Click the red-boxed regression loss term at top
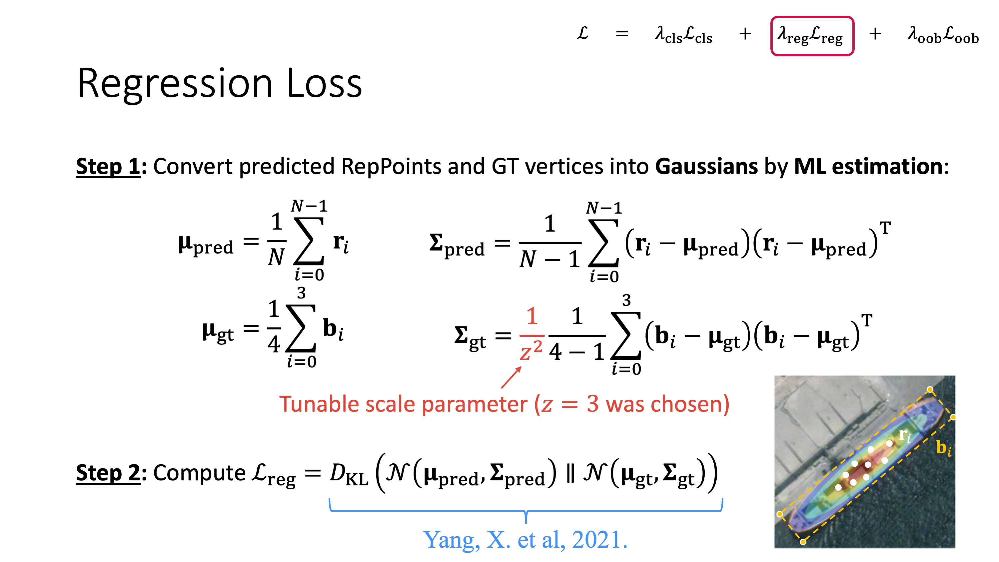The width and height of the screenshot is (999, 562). (x=812, y=36)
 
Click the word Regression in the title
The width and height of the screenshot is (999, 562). (x=175, y=83)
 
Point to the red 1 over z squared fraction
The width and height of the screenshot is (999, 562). (x=531, y=335)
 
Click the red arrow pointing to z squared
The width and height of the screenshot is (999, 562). (x=511, y=377)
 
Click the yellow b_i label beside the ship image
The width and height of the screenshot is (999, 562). (x=944, y=448)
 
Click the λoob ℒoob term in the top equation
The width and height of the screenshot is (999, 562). (x=943, y=35)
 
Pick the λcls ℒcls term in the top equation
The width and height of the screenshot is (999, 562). (x=683, y=35)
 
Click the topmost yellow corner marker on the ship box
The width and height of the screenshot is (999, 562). (x=930, y=389)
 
